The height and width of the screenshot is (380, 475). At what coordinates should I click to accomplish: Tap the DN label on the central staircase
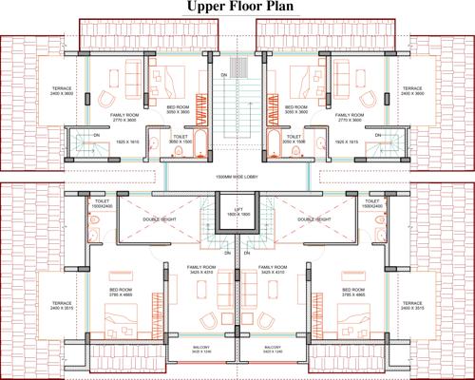(x=224, y=73)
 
